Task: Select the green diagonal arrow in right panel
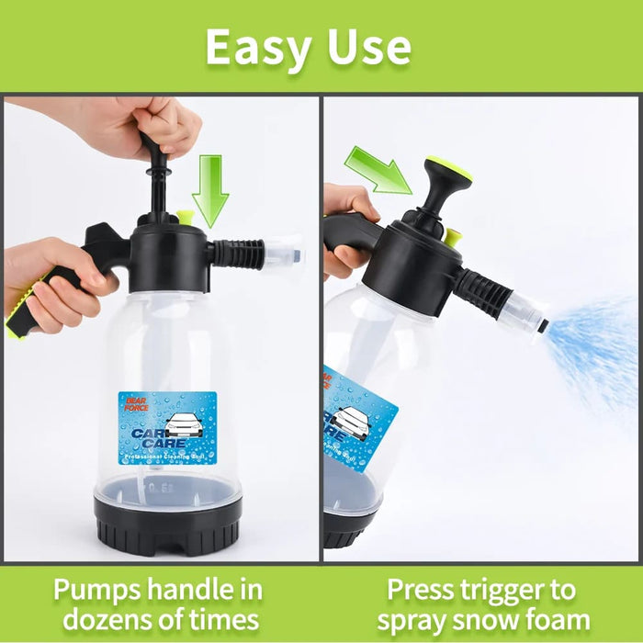coord(378,171)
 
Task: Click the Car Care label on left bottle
coord(167,427)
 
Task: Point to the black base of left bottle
coord(167,524)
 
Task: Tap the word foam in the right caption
coord(556,619)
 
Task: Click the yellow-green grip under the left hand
coord(20,312)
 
